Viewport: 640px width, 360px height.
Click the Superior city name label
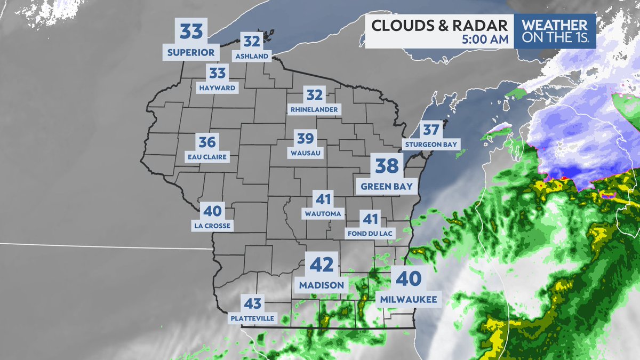[191, 52]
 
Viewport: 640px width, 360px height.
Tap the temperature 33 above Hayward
[218, 73]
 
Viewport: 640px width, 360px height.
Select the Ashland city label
[252, 55]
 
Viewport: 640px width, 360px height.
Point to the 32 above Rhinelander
[315, 95]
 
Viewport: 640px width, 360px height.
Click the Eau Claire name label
[207, 157]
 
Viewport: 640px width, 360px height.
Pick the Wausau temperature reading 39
[305, 139]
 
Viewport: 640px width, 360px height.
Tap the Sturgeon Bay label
[431, 145]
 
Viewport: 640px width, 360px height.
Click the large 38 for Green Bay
[387, 166]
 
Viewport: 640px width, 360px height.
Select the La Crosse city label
[213, 226]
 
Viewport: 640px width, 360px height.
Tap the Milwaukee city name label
[409, 300]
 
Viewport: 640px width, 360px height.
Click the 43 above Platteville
[252, 304]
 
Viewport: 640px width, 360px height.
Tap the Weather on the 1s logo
[555, 31]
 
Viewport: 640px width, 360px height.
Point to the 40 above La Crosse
[212, 210]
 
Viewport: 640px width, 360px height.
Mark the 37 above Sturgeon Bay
[431, 130]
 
